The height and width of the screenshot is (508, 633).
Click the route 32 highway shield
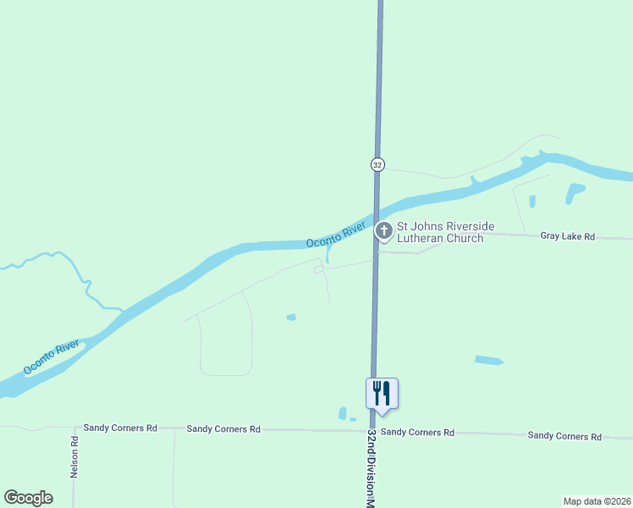(x=377, y=164)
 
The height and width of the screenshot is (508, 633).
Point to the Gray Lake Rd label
(x=568, y=237)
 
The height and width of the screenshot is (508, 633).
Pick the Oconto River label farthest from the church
(x=52, y=357)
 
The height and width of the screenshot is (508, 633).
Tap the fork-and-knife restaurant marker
(x=382, y=393)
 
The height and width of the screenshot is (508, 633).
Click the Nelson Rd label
(x=74, y=457)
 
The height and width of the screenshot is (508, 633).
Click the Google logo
(x=28, y=498)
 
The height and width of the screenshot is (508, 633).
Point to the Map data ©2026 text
(x=597, y=501)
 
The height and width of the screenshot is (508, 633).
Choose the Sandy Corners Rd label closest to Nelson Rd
(x=117, y=428)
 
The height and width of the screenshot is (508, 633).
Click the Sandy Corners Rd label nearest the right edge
(x=564, y=436)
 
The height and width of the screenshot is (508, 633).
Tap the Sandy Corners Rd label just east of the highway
(x=417, y=432)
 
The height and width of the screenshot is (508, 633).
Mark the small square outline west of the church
(x=318, y=270)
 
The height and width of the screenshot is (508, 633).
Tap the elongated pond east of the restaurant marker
(x=488, y=361)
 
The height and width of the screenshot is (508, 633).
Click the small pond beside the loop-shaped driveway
(x=291, y=317)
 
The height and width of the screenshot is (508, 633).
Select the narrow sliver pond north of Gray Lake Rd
(x=532, y=202)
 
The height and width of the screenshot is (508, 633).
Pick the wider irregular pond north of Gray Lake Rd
(x=575, y=192)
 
